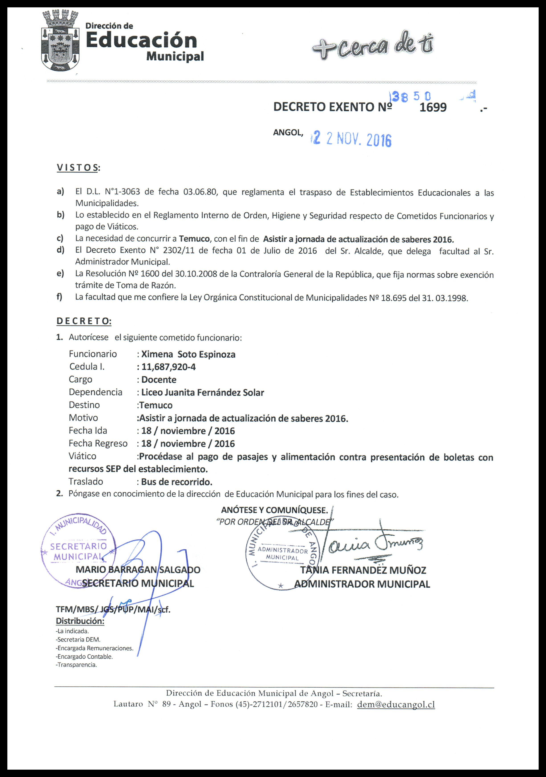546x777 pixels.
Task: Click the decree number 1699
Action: point(433,108)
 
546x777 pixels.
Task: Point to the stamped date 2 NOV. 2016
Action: point(352,139)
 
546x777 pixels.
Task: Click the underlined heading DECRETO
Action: point(84,321)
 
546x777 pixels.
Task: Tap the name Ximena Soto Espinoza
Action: point(188,354)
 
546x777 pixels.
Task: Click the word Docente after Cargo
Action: point(159,380)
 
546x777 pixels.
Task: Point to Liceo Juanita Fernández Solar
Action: point(202,393)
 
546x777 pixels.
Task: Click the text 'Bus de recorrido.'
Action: point(177,481)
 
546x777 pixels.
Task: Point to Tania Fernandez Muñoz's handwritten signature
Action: point(372,544)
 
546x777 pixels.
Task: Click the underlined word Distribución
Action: point(80,621)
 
